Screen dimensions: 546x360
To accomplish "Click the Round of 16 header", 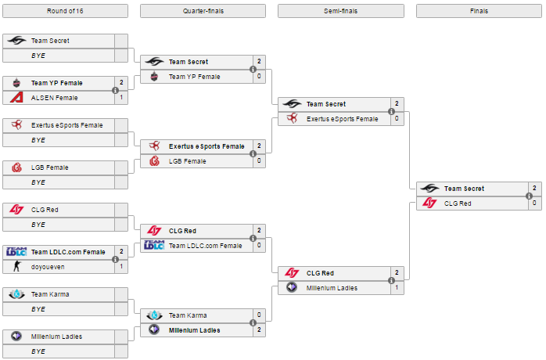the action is tap(65, 11).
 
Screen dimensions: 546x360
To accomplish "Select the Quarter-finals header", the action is tap(203, 11).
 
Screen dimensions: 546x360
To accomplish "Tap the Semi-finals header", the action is tap(340, 11).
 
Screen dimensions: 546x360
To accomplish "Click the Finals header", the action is tap(479, 11).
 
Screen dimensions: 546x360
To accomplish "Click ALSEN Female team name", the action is tap(54, 98).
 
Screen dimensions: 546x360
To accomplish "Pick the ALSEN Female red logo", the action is tap(16, 97).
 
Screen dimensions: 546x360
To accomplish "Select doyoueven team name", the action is tap(48, 267).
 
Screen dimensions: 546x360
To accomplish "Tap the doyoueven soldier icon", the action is tap(16, 266).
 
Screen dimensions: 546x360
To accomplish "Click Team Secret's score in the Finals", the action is tap(534, 188).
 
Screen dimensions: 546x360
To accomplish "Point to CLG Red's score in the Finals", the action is tap(534, 203).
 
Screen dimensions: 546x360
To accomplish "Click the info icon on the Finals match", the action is tap(529, 196).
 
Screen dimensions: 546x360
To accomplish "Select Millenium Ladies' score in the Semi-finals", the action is tap(397, 288).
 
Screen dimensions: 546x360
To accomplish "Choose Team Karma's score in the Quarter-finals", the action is tap(259, 315).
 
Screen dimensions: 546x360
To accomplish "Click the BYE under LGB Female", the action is tap(38, 182).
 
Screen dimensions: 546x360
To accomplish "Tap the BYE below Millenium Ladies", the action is tap(38, 351).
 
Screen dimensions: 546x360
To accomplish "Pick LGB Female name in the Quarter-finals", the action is tap(187, 161).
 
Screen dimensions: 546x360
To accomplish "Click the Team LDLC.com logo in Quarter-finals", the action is tap(154, 245).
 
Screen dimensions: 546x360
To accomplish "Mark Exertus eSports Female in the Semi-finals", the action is tap(343, 119).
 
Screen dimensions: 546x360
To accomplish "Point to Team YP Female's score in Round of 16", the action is tap(121, 83).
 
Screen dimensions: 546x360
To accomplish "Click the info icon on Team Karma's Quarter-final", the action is tap(253, 322).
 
